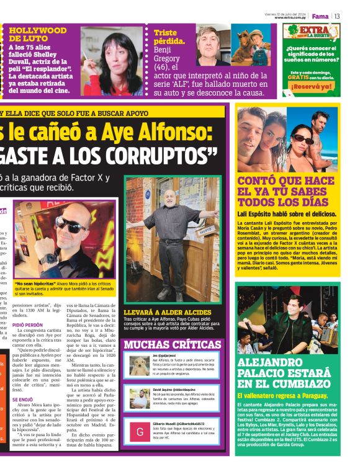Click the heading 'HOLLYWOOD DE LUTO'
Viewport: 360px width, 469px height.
pos(37,34)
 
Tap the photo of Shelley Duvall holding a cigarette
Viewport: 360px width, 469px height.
pos(112,61)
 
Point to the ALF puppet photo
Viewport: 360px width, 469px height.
pos(251,46)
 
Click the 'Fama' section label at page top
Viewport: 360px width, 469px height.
pos(320,16)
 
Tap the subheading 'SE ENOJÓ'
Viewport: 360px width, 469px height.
pos(24,400)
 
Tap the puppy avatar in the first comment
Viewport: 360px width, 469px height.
pos(140,365)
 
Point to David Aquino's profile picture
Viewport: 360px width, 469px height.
pos(140,398)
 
